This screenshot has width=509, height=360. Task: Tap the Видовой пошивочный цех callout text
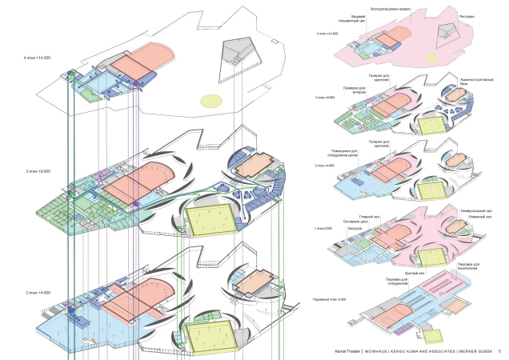click(352, 18)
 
